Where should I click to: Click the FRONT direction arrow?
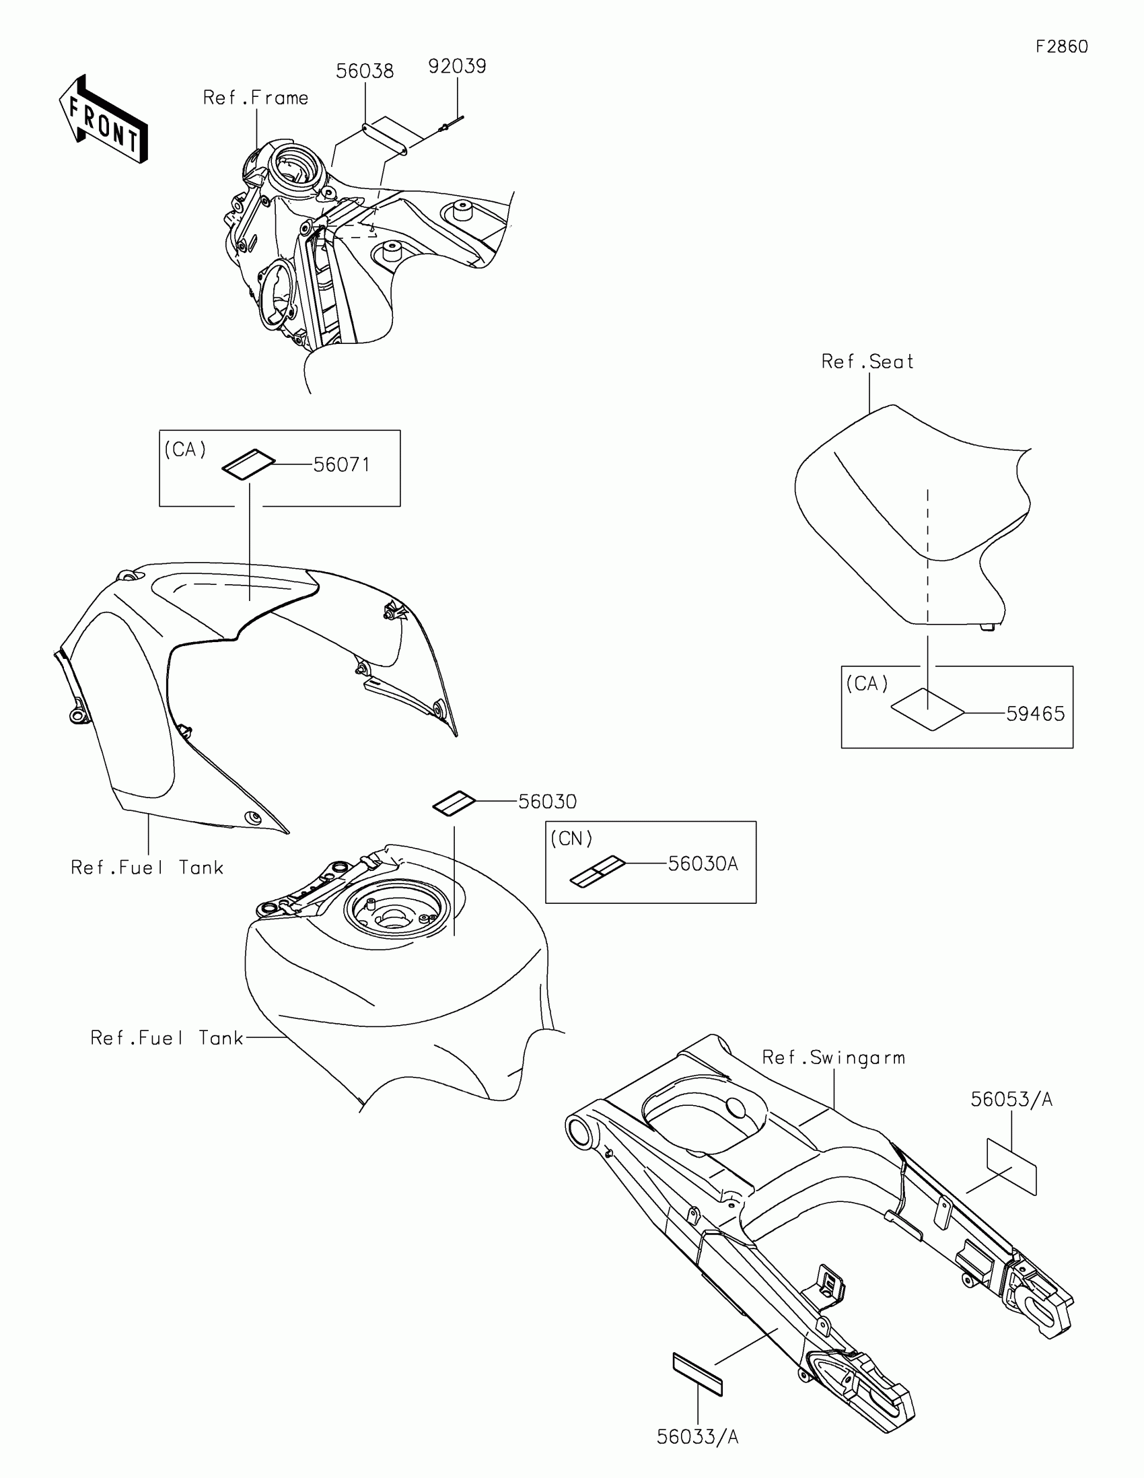(103, 120)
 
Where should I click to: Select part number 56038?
(365, 71)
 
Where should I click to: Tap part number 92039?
(457, 67)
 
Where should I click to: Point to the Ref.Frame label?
(256, 98)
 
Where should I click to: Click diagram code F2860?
(1061, 46)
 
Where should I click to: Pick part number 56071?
(342, 465)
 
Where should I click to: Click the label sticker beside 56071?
(248, 464)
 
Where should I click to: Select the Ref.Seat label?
(867, 362)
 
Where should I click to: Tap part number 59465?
(1035, 714)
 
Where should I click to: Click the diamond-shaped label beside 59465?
(927, 711)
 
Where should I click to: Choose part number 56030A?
(703, 864)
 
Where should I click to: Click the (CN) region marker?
(571, 839)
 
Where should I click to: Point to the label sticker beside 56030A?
(598, 871)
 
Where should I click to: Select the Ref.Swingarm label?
(834, 1058)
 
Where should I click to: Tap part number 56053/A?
(1011, 1100)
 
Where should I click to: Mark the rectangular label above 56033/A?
(697, 1374)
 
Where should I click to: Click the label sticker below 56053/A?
(1011, 1166)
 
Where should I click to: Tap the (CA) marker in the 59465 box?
(867, 684)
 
